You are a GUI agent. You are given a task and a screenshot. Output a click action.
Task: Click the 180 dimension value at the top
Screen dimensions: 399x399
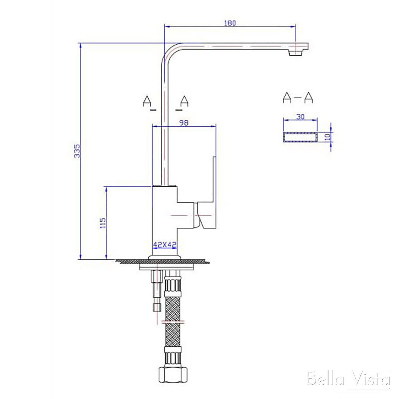[x=230, y=23]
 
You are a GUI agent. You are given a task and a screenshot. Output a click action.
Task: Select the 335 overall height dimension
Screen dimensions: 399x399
[x=77, y=151]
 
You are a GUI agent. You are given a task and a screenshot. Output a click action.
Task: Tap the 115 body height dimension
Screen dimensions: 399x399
[x=103, y=222]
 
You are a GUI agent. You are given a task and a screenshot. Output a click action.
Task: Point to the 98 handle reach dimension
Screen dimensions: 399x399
[x=184, y=123]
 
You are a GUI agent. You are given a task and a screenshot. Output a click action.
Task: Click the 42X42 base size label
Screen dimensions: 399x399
[x=164, y=244]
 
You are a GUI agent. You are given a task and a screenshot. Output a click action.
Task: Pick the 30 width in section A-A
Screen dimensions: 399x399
[x=300, y=117]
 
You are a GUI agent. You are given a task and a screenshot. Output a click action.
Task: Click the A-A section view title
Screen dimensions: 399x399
[x=298, y=97]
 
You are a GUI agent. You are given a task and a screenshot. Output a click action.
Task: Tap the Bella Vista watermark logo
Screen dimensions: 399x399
[x=348, y=379]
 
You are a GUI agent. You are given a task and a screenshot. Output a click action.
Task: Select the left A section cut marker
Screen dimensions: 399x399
[x=147, y=101]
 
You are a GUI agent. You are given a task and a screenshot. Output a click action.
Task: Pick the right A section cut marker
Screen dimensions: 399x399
[x=184, y=101]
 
